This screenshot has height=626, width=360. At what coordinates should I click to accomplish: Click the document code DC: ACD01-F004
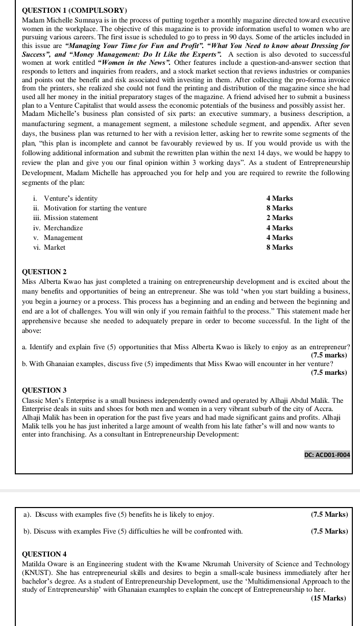pyautogui.click(x=327, y=454)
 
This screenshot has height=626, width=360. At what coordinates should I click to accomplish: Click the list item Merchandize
pyautogui.click(x=63, y=228)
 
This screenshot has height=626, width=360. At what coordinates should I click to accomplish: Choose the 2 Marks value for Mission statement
pyautogui.click(x=279, y=218)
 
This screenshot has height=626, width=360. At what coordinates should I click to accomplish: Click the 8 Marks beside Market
pyautogui.click(x=279, y=248)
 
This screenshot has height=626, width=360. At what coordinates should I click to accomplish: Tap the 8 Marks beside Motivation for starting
pyautogui.click(x=279, y=208)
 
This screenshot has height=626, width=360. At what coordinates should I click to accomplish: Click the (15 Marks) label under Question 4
pyautogui.click(x=328, y=598)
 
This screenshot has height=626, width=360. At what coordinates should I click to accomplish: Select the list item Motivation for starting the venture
pyautogui.click(x=95, y=208)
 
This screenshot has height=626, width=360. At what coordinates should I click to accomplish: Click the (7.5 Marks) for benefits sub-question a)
pyautogui.click(x=329, y=514)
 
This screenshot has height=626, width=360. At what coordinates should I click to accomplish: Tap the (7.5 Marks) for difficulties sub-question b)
pyautogui.click(x=329, y=532)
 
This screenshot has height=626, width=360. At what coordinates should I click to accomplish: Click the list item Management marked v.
pyautogui.click(x=63, y=238)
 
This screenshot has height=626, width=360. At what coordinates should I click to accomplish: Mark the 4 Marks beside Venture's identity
pyautogui.click(x=279, y=198)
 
